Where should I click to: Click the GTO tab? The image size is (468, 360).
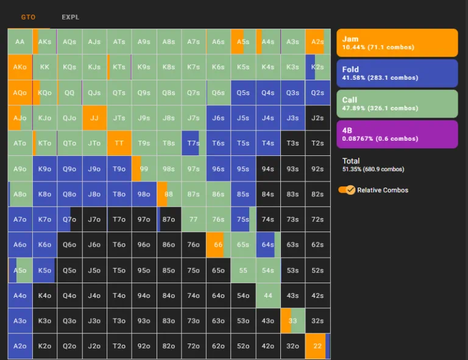coord(28,17)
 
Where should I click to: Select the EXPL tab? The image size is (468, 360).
coord(70,17)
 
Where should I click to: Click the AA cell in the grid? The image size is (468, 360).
coord(20,41)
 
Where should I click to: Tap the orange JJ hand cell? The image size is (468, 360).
coord(94,118)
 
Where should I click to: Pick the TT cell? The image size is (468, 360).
coord(119,143)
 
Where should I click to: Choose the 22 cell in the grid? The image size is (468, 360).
coord(317,346)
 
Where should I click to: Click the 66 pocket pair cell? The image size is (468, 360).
coord(218,244)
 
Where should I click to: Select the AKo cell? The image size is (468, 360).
coord(20,67)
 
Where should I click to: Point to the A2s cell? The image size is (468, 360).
coord(317,41)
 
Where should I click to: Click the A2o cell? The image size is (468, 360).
coord(20,346)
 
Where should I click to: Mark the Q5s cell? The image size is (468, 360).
coord(243,93)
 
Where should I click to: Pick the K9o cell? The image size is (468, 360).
coord(44,169)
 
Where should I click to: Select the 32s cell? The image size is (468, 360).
coord(317,320)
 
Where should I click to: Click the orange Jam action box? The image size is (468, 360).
coord(397,43)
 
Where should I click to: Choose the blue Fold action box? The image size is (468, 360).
coord(397,73)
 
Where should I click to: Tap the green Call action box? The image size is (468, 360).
coord(397,104)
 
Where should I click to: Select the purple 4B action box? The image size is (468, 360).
coord(397,134)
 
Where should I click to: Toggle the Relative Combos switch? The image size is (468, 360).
coord(347,190)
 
